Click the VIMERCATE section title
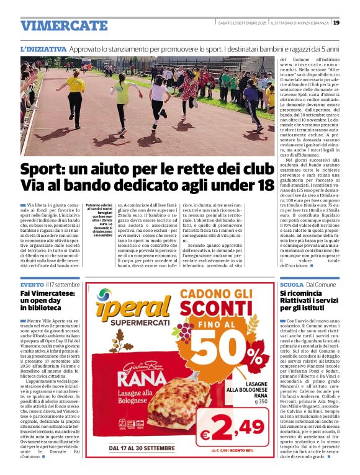point(64,25)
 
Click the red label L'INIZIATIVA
point(43,49)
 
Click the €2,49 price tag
point(234,428)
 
